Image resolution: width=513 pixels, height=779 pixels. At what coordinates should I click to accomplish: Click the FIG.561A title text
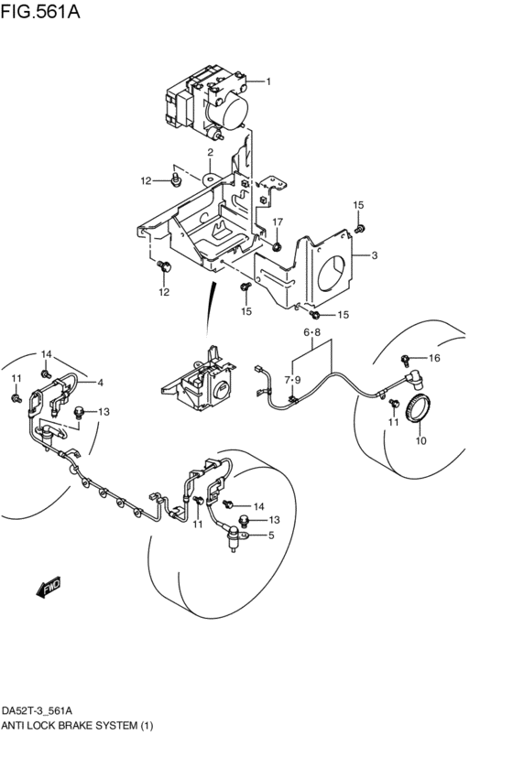coord(40,11)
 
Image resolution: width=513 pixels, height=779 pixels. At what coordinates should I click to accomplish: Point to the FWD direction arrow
coord(49,588)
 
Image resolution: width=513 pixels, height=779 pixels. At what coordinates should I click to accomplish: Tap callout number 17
coord(277,222)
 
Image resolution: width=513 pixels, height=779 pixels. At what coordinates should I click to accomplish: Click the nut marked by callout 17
coord(277,245)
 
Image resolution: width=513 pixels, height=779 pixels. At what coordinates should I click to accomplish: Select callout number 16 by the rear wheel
coord(434,358)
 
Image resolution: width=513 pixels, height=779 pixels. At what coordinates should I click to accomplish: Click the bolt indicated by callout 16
coord(406,359)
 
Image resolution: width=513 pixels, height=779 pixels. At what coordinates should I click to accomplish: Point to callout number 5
coord(271,536)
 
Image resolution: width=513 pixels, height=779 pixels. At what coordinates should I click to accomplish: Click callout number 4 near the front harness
coord(101,383)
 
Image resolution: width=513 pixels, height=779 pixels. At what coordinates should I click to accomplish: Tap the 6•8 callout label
coord(311,332)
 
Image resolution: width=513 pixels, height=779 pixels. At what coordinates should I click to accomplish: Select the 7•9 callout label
coord(292,380)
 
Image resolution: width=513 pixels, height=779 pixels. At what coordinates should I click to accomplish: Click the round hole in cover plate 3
coord(331,273)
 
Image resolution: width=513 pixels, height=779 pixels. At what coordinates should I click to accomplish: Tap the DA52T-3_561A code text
coord(40,711)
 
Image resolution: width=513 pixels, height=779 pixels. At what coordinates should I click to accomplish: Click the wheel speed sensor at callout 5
coord(233,539)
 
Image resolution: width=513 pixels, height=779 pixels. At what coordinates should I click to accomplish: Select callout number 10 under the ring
coord(421,440)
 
